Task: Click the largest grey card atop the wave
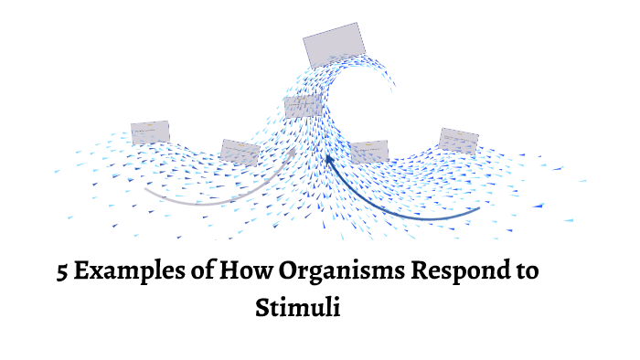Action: (335, 45)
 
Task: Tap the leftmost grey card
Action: (150, 132)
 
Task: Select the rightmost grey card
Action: (458, 140)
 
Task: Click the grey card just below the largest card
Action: (302, 107)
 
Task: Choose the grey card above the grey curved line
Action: (240, 152)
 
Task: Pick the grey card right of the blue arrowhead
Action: (369, 152)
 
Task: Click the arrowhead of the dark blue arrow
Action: (328, 160)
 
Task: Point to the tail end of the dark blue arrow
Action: (478, 209)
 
